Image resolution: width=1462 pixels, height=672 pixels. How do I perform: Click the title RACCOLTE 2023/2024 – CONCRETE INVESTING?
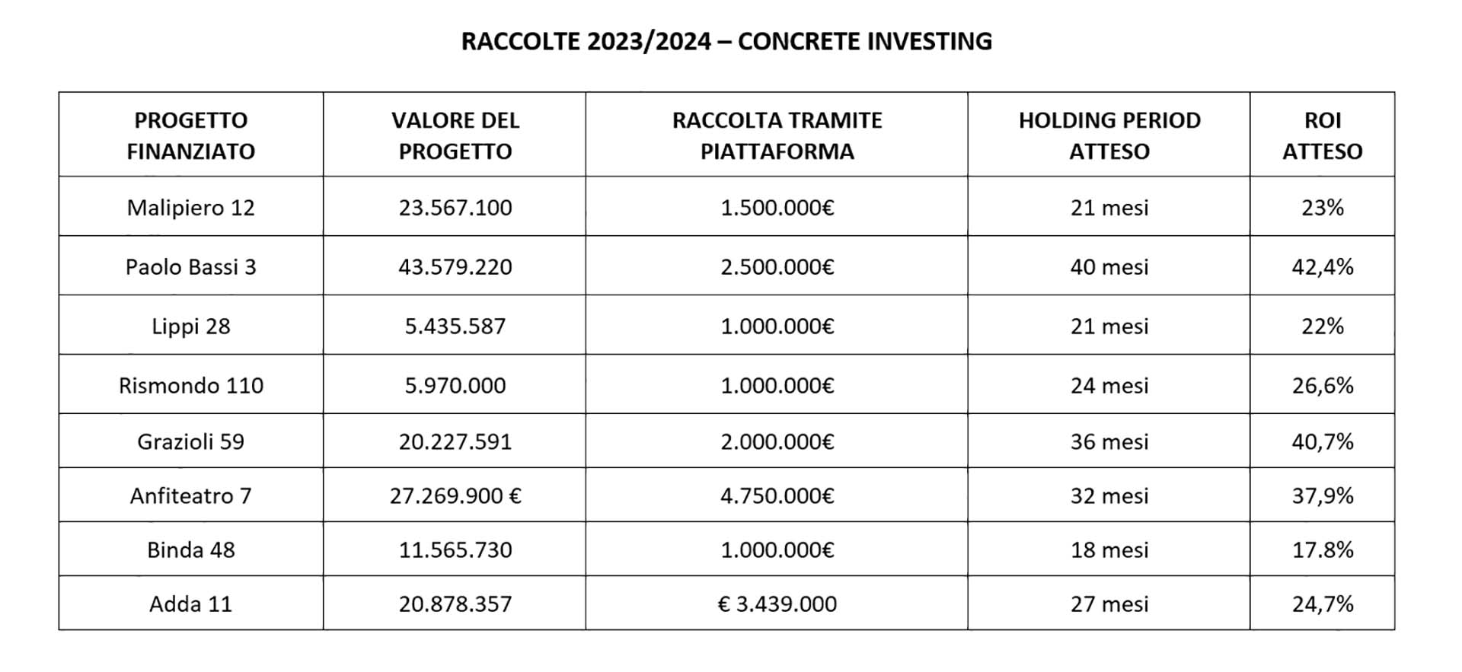[x=726, y=41]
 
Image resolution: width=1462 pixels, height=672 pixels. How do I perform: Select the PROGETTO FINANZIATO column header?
[x=190, y=135]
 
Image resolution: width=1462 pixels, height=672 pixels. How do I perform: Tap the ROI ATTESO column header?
[x=1322, y=135]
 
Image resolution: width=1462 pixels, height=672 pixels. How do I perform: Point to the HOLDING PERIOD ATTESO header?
[x=1109, y=135]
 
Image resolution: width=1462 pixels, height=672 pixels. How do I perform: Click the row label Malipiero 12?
[x=190, y=208]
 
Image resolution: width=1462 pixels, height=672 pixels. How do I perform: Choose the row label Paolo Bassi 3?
[x=190, y=267]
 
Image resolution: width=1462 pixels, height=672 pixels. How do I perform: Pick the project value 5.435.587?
[x=455, y=326]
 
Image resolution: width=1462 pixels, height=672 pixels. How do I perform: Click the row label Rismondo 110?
[x=190, y=386]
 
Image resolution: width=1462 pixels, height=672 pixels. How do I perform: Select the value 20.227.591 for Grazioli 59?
[x=455, y=442]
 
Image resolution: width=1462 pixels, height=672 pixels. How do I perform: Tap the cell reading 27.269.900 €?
[x=455, y=496]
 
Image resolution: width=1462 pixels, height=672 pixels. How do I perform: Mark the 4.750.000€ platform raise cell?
[x=777, y=496]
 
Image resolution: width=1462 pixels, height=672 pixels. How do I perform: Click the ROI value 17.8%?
[x=1322, y=550]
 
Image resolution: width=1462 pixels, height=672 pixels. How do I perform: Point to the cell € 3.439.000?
[x=777, y=604]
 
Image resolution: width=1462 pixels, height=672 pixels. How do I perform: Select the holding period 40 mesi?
[x=1109, y=267]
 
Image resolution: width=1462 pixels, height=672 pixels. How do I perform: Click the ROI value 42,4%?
[x=1322, y=267]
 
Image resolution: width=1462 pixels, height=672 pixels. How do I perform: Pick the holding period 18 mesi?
[x=1109, y=550]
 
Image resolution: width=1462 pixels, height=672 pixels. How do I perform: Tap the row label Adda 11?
[x=190, y=604]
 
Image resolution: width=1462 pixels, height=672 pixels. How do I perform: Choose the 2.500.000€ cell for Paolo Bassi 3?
[x=777, y=267]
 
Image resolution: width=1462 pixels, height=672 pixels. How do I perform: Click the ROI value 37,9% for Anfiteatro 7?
[x=1322, y=496]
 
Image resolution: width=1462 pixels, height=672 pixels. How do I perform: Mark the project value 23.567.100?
[x=455, y=208]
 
